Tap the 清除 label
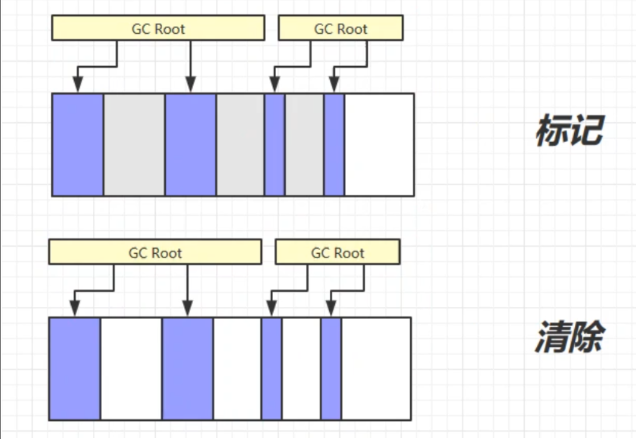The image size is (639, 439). (x=568, y=338)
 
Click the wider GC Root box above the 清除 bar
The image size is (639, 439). (x=155, y=253)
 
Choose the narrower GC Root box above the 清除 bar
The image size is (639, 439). (x=337, y=253)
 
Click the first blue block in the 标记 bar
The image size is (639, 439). (x=78, y=144)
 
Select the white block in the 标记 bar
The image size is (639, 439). (x=379, y=144)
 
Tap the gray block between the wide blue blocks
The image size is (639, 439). (x=134, y=144)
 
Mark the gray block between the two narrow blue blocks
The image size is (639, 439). (x=304, y=144)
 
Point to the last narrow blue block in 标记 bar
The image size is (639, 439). (x=334, y=144)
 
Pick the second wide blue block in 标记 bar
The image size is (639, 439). (x=191, y=144)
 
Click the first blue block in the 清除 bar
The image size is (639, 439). (x=75, y=368)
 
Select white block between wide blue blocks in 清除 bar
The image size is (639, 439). (x=131, y=368)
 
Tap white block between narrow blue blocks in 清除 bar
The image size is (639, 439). (x=301, y=368)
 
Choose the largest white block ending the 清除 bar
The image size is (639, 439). (x=376, y=368)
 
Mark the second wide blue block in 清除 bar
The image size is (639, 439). (x=187, y=368)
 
